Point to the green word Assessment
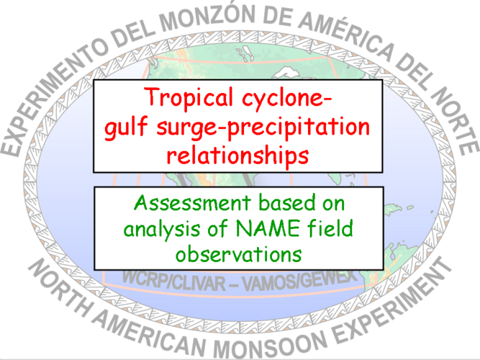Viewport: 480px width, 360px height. tap(193, 202)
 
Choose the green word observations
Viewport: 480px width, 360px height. tap(238, 254)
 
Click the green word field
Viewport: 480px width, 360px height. tap(330, 228)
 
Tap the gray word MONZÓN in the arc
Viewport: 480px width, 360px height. tap(207, 17)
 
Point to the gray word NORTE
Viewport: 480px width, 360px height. tap(455, 120)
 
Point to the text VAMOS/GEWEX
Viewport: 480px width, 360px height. tap(299, 281)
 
